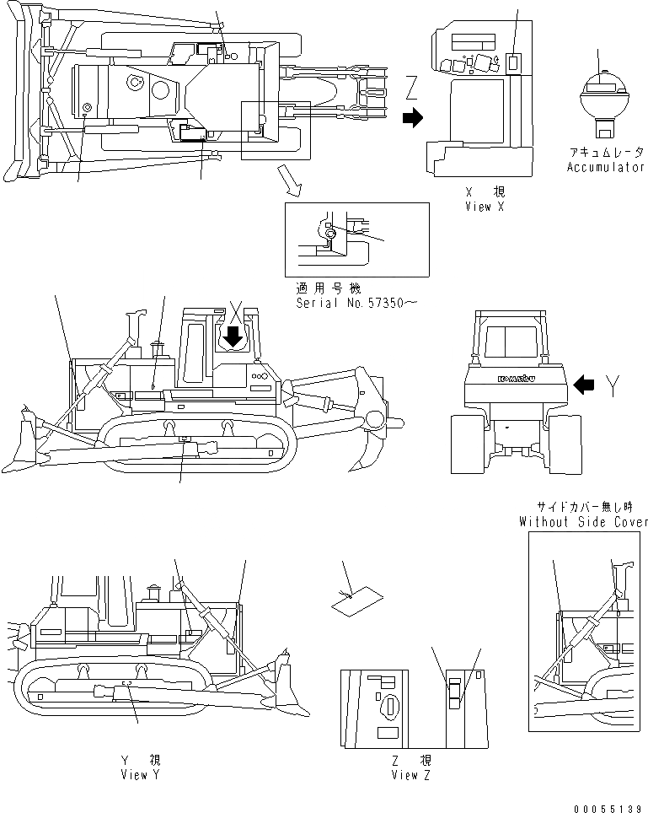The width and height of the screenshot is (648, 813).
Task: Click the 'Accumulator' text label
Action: [605, 167]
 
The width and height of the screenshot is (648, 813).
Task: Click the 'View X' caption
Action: [484, 207]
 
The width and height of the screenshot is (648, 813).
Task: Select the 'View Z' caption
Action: [411, 775]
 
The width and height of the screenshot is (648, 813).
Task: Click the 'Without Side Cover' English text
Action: [584, 522]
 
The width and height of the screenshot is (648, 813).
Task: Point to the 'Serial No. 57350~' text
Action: [356, 302]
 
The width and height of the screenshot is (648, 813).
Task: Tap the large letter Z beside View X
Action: [411, 87]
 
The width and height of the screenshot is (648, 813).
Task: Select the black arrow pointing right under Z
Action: [412, 119]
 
